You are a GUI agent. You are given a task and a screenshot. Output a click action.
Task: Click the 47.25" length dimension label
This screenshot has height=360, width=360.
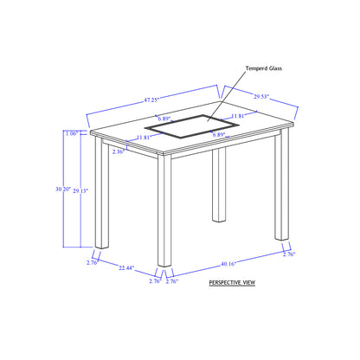[x=151, y=100]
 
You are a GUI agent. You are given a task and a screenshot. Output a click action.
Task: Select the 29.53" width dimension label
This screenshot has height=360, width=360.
[x=261, y=96]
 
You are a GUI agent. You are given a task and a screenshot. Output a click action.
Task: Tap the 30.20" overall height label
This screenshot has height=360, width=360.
[x=63, y=190]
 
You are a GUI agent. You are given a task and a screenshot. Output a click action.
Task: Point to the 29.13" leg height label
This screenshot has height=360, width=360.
[x=80, y=190]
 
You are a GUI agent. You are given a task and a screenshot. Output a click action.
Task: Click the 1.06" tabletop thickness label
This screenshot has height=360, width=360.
[x=72, y=133]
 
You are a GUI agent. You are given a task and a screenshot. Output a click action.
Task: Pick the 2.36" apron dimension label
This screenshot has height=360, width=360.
[x=119, y=151]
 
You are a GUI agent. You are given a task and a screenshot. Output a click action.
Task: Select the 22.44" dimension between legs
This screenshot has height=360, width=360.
[x=126, y=267]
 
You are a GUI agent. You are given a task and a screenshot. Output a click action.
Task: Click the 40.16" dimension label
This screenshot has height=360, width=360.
[x=228, y=264]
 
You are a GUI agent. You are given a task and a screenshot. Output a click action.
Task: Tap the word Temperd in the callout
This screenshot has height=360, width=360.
[x=256, y=68]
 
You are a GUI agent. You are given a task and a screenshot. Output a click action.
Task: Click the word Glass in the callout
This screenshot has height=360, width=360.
[x=275, y=68]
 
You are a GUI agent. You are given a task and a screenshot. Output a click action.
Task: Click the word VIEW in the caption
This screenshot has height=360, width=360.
[x=249, y=282]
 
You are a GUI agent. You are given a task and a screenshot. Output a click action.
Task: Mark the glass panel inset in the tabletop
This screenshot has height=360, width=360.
[x=192, y=126]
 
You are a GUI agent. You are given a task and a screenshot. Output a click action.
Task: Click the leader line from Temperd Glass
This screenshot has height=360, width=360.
[x=228, y=96]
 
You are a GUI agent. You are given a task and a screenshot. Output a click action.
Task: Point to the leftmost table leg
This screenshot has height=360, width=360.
[x=102, y=192]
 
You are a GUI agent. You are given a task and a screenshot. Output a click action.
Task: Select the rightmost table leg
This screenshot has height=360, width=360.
[x=282, y=184]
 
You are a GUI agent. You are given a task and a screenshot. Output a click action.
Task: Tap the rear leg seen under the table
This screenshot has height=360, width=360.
[x=219, y=185]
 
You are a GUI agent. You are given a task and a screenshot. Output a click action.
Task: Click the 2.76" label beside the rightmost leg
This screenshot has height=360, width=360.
[x=289, y=254]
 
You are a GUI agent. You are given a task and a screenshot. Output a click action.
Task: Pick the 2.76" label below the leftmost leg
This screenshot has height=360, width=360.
[x=93, y=262]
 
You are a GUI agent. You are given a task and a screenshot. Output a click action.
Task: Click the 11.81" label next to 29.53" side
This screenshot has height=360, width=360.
[x=238, y=116]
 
